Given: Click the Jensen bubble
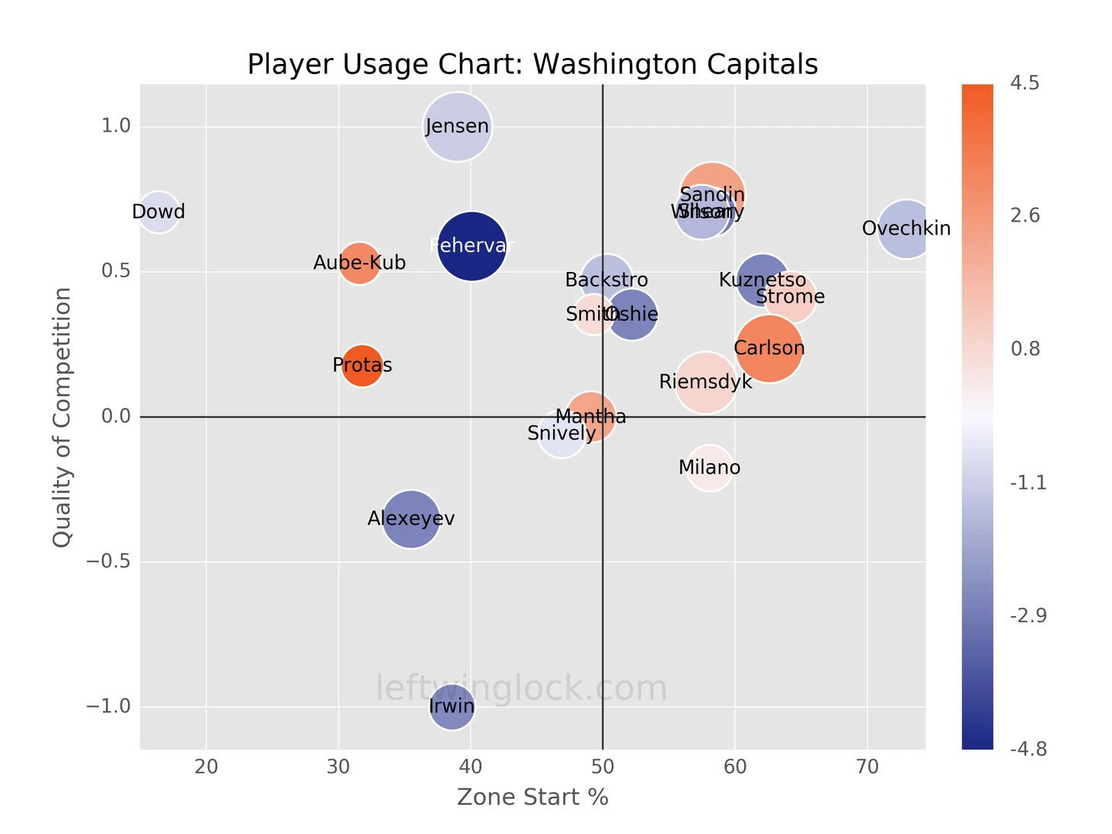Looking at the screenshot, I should coord(457,126).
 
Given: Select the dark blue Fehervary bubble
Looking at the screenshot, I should coord(472,246).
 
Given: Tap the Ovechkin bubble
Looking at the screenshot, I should coord(906,228).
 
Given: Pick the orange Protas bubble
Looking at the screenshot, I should coord(362,366).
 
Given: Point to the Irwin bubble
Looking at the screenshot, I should coord(452,707).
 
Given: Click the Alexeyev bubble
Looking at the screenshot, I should coord(411,519).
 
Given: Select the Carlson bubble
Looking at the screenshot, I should coord(769,349).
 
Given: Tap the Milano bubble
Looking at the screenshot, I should coord(709,468).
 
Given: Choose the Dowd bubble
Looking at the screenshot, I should coord(158,212).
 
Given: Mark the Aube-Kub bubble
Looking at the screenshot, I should coord(359,263).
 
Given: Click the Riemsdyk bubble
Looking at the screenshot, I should coord(705,382).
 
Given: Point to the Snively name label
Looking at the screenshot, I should coord(561,434).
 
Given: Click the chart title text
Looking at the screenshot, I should coord(532,64).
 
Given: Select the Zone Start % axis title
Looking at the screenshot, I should coord(532,797).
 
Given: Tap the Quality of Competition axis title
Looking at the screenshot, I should coord(62,417).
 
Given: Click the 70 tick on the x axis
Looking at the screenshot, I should coord(867,767).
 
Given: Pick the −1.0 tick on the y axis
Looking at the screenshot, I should coord(108,707).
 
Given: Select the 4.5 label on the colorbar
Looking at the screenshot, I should coord(1024,84).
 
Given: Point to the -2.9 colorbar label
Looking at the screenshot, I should coord(1027,616).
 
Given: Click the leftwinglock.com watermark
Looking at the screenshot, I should coord(522,689).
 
